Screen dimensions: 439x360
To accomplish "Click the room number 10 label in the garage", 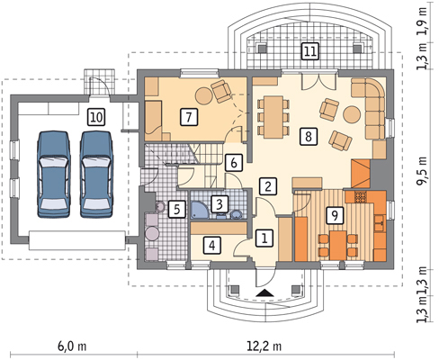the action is tap(96, 117).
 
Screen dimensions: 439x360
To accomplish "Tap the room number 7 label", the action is tap(189, 117).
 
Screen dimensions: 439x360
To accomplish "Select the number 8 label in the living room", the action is tap(309, 137).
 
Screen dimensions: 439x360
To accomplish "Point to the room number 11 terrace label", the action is tap(310, 51).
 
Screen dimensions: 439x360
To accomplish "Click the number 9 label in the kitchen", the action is tap(335, 215).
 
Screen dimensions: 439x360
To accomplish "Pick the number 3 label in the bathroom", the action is tap(219, 204).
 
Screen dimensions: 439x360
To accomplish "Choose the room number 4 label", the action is tap(212, 246).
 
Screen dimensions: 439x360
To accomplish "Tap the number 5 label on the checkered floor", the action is tap(176, 209).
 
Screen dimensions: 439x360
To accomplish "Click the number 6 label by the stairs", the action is tap(234, 163).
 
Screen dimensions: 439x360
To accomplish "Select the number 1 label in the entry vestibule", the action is tap(264, 238).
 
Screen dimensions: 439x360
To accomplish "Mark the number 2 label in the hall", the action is tap(268, 186).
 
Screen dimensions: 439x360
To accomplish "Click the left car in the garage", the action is tap(54, 174).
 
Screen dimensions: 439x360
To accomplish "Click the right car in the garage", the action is tap(96, 174).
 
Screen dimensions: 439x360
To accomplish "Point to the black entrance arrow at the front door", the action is tap(265, 293).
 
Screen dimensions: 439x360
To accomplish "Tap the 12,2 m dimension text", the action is tap(264, 346).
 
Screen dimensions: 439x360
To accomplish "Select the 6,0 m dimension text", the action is tap(72, 346).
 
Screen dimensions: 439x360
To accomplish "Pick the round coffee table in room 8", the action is tap(352, 114).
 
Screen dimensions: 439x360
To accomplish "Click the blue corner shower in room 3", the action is tap(200, 210).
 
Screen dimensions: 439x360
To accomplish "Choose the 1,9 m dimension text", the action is tap(424, 21).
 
